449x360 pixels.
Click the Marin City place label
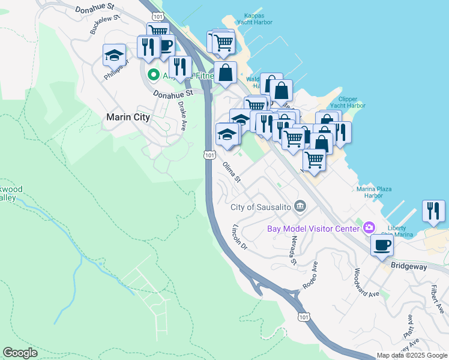point(127,117)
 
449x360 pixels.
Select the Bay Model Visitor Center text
point(313,228)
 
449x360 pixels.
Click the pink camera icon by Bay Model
point(369,227)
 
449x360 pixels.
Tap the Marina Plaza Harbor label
point(374,192)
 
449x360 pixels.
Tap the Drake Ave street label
point(182,115)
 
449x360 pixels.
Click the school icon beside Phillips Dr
point(115,56)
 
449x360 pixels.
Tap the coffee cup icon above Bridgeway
point(382,244)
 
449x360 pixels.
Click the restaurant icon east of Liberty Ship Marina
point(433,211)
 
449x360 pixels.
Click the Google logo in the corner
point(20,353)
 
